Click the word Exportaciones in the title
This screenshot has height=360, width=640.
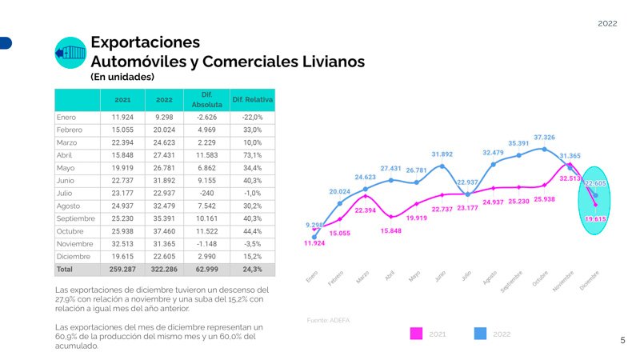tap(145, 42)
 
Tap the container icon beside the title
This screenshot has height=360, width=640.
tap(70, 53)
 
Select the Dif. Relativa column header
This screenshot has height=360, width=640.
tap(252, 100)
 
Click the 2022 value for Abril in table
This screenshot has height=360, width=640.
tap(165, 154)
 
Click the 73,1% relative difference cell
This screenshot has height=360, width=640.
tap(252, 154)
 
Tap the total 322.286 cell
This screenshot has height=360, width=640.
tap(165, 270)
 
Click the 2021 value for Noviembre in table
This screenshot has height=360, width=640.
tap(122, 244)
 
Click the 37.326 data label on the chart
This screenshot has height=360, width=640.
tap(544, 138)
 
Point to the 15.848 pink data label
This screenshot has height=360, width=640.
tap(391, 230)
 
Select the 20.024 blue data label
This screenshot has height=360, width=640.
tap(340, 192)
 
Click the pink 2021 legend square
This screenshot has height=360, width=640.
tap(416, 333)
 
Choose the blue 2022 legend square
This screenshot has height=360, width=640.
tap(481, 333)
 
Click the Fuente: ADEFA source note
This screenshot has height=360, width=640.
tap(328, 320)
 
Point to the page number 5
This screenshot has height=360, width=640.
tap(623, 341)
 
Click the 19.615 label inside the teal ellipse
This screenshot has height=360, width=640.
tap(595, 218)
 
